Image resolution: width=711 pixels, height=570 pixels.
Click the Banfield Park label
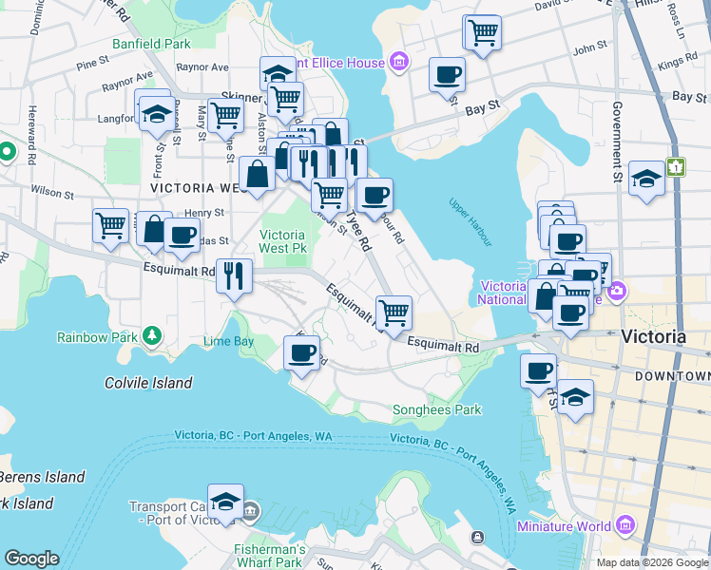point(151,44)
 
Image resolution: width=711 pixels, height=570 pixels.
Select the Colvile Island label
point(148,383)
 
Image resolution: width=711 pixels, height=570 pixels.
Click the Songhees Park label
point(437,410)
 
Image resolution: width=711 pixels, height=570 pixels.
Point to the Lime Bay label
point(228,341)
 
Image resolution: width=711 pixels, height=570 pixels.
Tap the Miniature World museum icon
point(625,525)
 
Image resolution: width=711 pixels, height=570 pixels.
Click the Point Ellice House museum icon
point(399,64)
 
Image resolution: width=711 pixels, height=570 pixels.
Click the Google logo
point(31,559)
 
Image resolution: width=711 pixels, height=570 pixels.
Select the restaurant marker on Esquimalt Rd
point(234,276)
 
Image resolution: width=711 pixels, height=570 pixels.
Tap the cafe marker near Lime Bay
point(302,353)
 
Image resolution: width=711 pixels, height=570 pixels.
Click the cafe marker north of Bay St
point(447,74)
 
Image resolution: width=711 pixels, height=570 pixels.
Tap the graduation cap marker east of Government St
point(646,179)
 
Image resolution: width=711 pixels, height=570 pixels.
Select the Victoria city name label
point(652,336)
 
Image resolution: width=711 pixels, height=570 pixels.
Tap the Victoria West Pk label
point(282,241)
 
